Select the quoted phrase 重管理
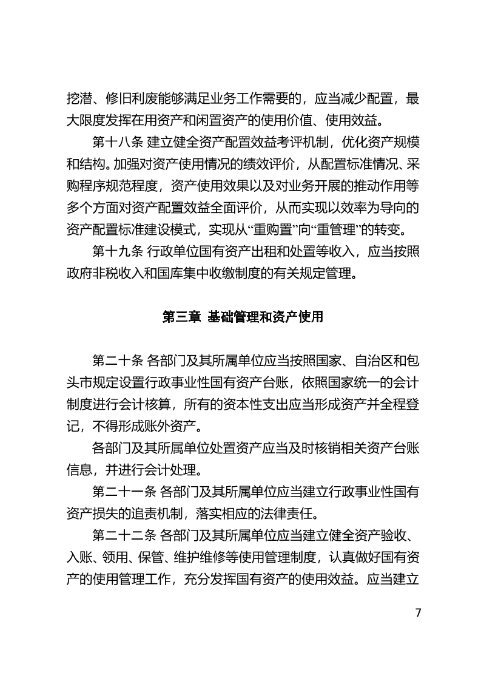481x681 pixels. click(346, 229)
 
